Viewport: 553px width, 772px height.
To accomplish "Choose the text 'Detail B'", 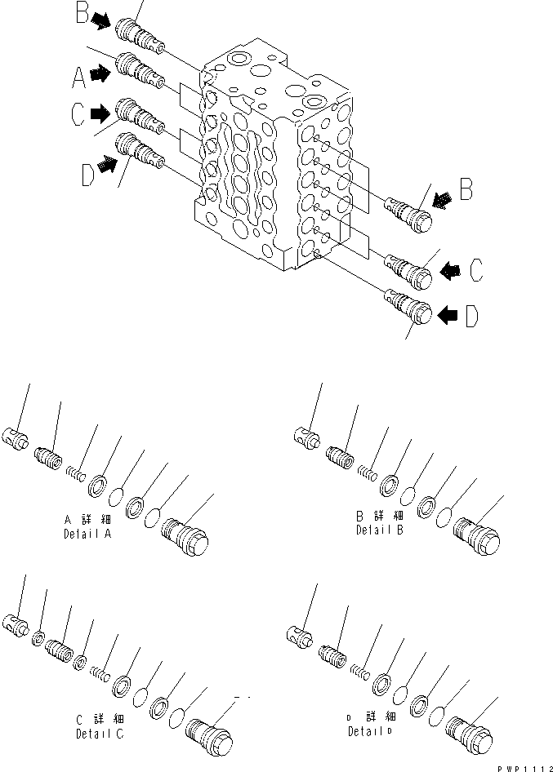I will [x=378, y=530].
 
